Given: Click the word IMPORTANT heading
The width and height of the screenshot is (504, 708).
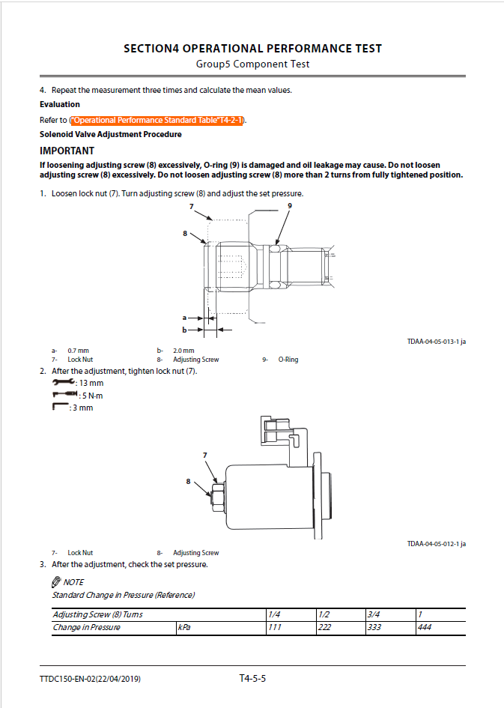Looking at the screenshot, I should tap(67, 151).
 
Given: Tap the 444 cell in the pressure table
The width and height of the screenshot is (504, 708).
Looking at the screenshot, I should tap(425, 627).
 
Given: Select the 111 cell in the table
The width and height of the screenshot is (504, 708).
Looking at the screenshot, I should tap(275, 627).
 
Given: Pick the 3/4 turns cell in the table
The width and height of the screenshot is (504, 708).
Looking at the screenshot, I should tap(374, 614).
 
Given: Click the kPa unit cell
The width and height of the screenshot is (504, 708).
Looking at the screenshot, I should tap(184, 627).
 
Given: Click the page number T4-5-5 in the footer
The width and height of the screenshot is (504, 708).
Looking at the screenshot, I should tap(252, 679).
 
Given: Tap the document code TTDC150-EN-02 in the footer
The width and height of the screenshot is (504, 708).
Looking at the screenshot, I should tap(91, 679).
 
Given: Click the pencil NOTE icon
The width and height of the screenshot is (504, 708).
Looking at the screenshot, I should tap(56, 582).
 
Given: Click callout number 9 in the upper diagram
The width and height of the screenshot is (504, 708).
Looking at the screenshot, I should tap(290, 205).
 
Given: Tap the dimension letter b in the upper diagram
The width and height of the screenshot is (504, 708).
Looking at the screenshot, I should tap(183, 329).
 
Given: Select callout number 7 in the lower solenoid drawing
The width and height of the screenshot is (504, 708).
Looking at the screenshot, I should tap(204, 455).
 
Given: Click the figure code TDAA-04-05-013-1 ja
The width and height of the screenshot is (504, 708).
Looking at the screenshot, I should tap(437, 342).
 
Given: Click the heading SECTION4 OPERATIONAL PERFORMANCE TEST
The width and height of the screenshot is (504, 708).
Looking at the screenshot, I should tap(252, 49).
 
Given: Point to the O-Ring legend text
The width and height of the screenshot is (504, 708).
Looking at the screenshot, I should tap(288, 360).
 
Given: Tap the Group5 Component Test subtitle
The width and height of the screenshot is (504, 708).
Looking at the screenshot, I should tap(252, 64).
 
